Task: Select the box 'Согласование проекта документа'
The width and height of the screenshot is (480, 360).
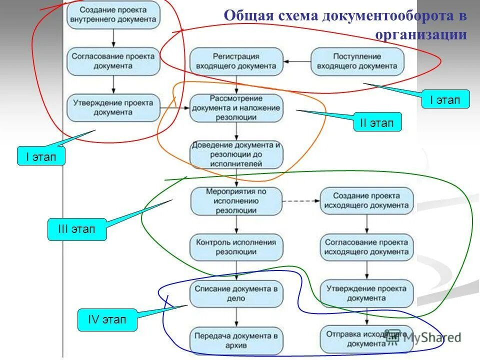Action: [113, 61]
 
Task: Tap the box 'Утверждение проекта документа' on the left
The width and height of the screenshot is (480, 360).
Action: [113, 107]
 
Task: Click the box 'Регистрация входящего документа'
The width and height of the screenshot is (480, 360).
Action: [236, 61]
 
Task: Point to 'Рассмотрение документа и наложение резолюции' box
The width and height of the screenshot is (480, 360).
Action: [236, 107]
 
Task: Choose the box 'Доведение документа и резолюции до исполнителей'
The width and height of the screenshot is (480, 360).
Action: [236, 154]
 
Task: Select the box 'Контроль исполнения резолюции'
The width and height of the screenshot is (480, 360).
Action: [236, 247]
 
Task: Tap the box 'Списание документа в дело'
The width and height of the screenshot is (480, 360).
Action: [236, 293]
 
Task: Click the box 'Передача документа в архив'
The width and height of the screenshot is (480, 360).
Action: [236, 340]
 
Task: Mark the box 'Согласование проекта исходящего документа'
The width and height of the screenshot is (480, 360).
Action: [367, 247]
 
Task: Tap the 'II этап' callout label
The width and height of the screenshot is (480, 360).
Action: [377, 122]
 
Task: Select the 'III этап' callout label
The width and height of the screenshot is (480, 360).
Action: [77, 230]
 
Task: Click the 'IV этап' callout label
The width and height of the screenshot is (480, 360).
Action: [107, 320]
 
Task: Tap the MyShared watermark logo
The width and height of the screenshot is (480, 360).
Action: [425, 338]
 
